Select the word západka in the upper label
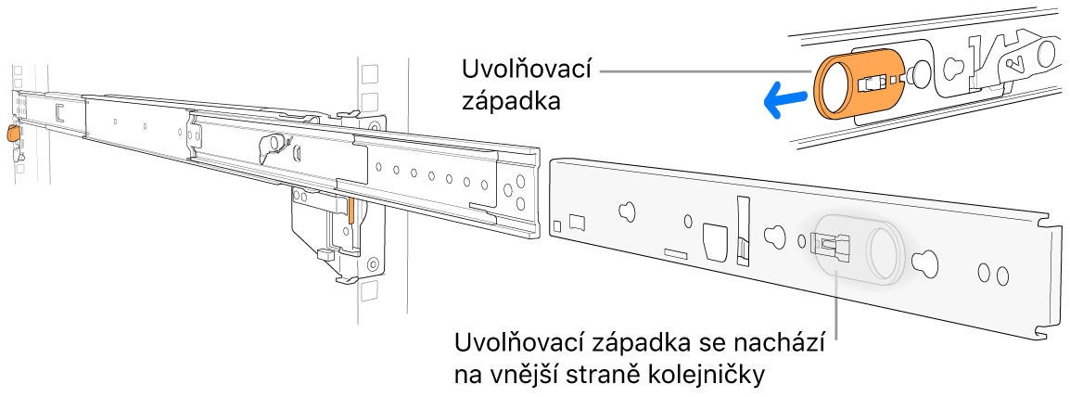point(510,102)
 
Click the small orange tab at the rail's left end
point(12,134)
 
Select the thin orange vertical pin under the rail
point(351,216)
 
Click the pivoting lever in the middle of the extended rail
point(274,143)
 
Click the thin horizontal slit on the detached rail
point(676,251)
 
